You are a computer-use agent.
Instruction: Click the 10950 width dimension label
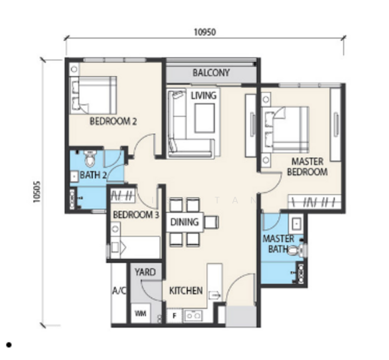(204, 32)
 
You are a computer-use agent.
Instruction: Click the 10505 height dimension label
(37, 191)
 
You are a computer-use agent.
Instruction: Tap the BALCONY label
(211, 73)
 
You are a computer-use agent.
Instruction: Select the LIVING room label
(204, 95)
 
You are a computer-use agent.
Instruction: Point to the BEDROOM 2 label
(113, 121)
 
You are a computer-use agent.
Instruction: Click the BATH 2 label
(94, 175)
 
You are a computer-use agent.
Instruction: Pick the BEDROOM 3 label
(136, 215)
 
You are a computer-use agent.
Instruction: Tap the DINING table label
(185, 222)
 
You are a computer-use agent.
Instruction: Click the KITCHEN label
(186, 290)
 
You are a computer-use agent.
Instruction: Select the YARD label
(145, 272)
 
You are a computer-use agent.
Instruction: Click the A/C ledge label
(119, 290)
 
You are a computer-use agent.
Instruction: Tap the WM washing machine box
(140, 313)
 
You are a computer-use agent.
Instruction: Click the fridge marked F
(174, 316)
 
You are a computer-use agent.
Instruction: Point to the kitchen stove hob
(193, 316)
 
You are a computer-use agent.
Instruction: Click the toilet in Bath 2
(90, 158)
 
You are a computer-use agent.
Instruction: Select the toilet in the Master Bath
(296, 250)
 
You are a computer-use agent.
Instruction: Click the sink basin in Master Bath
(297, 224)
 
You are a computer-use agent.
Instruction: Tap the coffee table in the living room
(204, 118)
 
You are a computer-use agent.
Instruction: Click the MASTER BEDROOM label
(307, 167)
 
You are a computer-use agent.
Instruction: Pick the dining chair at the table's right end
(212, 222)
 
